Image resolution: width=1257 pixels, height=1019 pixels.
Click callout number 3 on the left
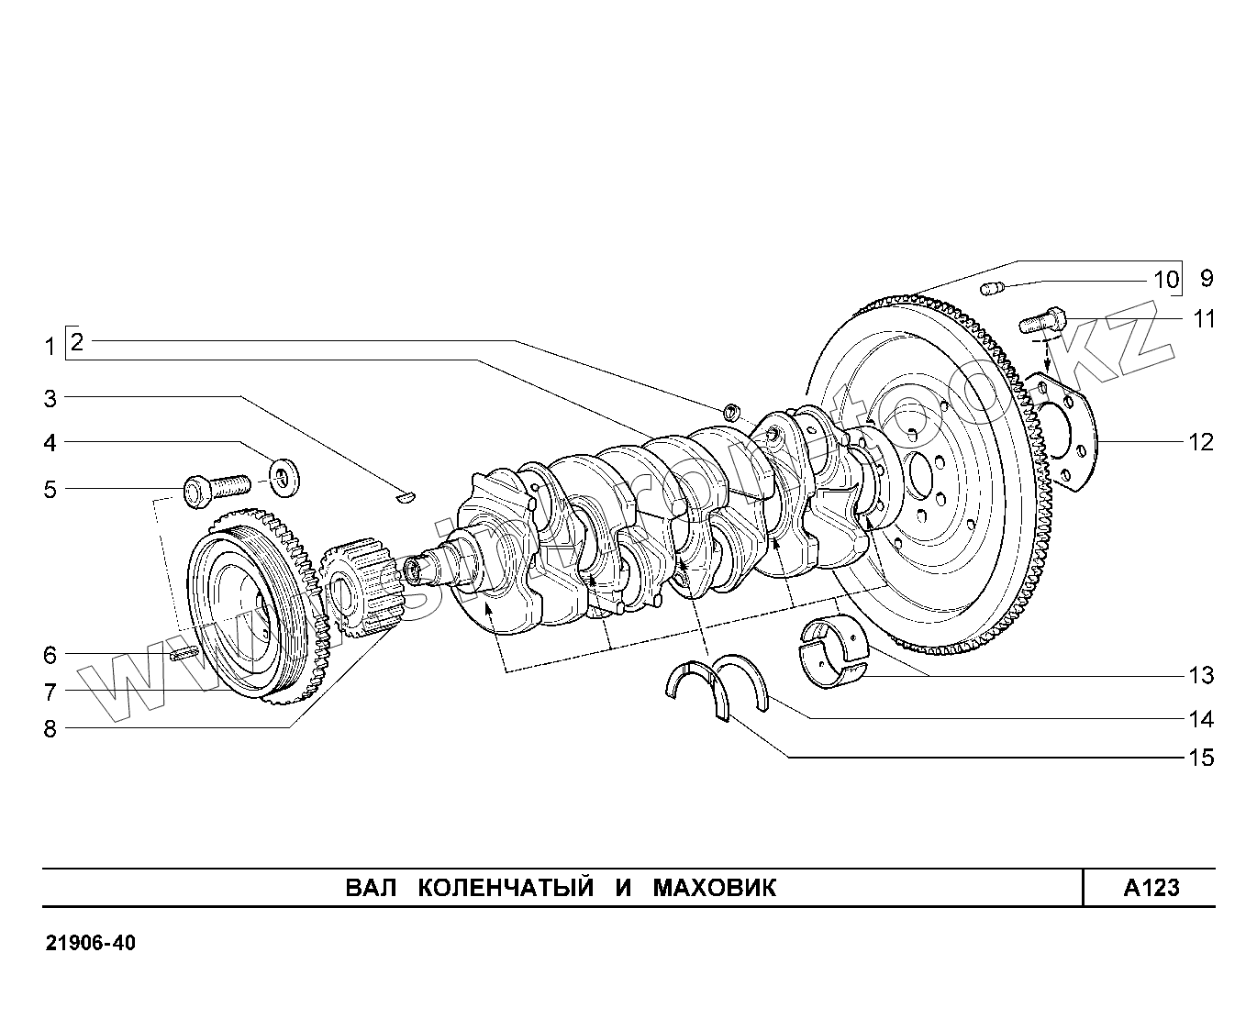point(50,399)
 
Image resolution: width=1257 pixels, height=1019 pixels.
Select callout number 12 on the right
point(1200,442)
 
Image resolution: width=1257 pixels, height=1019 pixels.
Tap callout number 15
point(1200,758)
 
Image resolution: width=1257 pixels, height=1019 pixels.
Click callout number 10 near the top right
point(1165,279)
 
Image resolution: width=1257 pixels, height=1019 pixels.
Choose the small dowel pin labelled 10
point(991,290)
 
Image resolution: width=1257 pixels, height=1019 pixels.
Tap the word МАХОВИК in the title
point(714,888)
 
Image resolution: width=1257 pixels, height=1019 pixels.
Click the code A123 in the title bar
point(1151,888)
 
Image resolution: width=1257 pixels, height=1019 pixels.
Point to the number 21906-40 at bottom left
point(90,944)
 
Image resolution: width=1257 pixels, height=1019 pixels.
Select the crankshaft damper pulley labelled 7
point(243,615)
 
